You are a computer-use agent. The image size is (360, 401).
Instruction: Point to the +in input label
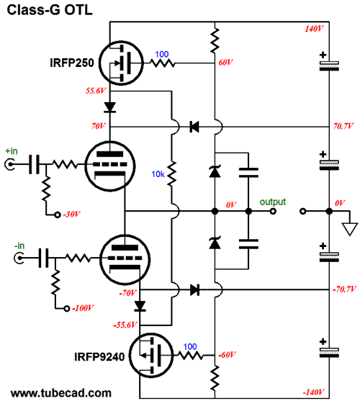(12, 151)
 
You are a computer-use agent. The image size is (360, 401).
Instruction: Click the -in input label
(12, 243)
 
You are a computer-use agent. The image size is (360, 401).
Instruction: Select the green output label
(273, 202)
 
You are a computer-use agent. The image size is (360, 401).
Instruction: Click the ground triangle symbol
(349, 229)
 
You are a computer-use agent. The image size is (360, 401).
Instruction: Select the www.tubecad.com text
(62, 393)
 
